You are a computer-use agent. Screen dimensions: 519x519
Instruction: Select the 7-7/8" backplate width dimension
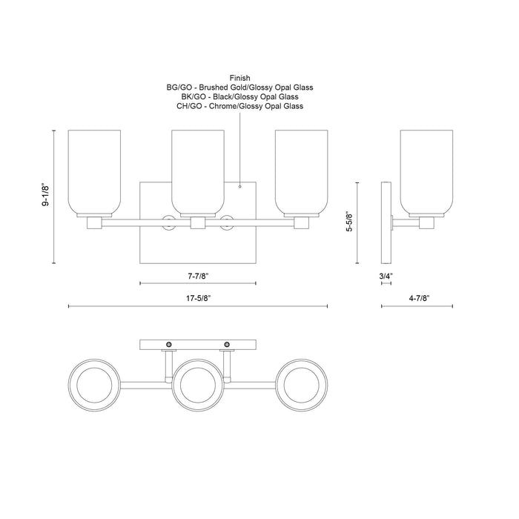pyautogui.click(x=197, y=276)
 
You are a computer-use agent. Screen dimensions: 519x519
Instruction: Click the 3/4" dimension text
pyautogui.click(x=386, y=276)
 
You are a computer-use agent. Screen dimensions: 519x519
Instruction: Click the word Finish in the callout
pyautogui.click(x=239, y=77)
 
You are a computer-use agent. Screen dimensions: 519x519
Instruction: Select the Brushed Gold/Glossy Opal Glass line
pyautogui.click(x=239, y=87)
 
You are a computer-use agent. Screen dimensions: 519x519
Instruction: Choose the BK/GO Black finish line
pyautogui.click(x=239, y=96)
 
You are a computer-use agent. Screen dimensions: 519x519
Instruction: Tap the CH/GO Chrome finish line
pyautogui.click(x=239, y=106)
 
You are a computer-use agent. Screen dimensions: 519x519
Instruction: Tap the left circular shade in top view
pyautogui.click(x=94, y=383)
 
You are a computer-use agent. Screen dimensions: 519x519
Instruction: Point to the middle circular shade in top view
pyautogui.click(x=197, y=383)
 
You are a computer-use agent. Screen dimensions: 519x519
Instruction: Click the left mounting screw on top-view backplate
pyautogui.click(x=170, y=345)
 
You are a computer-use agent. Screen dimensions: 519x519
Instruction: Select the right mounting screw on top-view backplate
pyautogui.click(x=226, y=345)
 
